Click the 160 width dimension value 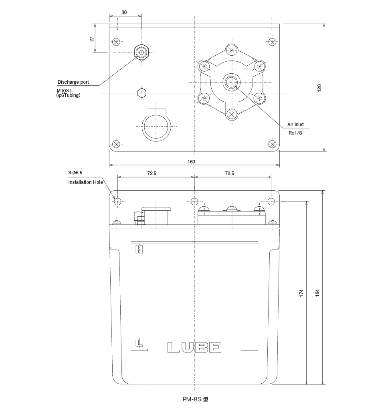pyautogui.click(x=191, y=162)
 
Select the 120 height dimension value pyautogui.click(x=319, y=88)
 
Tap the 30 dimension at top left pyautogui.click(x=124, y=12)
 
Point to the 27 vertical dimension pyautogui.click(x=92, y=39)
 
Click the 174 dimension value pyautogui.click(x=301, y=292)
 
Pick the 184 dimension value pyautogui.click(x=317, y=292)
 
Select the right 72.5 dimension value pyautogui.click(x=229, y=173)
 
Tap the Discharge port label pyautogui.click(x=73, y=82)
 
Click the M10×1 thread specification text pyautogui.click(x=64, y=91)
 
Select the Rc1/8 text pyautogui.click(x=295, y=133)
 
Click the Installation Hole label pyautogui.click(x=85, y=182)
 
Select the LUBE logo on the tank pyautogui.click(x=194, y=347)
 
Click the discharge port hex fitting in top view pyautogui.click(x=141, y=52)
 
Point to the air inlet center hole pyautogui.click(x=231, y=82)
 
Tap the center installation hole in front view pyautogui.click(x=194, y=201)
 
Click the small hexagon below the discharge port pyautogui.click(x=141, y=93)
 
